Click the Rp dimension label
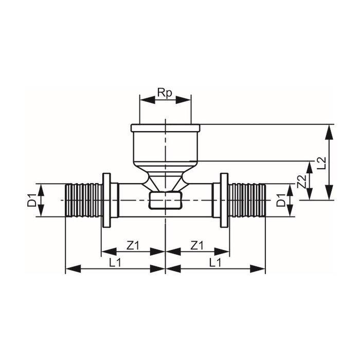tap(165, 94)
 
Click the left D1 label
tap(32, 200)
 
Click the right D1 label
tap(281, 200)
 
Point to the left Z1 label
tap(133, 246)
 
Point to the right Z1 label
tap(197, 246)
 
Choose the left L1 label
tap(115, 263)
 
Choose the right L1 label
tap(215, 263)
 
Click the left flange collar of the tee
tap(106, 200)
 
